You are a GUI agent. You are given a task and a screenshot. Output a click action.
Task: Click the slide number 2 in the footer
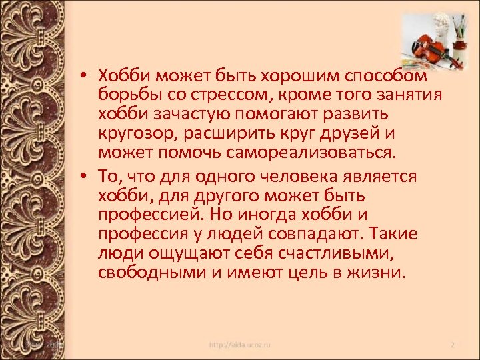452,345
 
